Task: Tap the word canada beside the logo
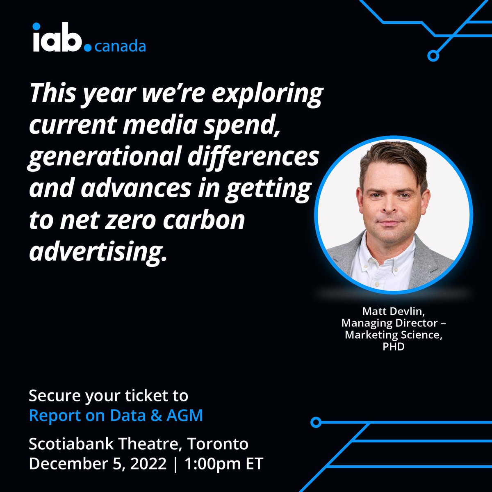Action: [x=120, y=46]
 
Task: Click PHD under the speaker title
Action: [x=394, y=347]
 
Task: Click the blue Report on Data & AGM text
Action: [x=116, y=415]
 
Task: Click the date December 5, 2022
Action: [x=98, y=464]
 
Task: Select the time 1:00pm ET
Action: [x=224, y=464]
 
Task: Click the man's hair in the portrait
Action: [x=392, y=158]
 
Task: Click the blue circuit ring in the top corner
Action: [x=433, y=56]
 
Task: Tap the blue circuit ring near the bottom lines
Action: [x=315, y=422]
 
